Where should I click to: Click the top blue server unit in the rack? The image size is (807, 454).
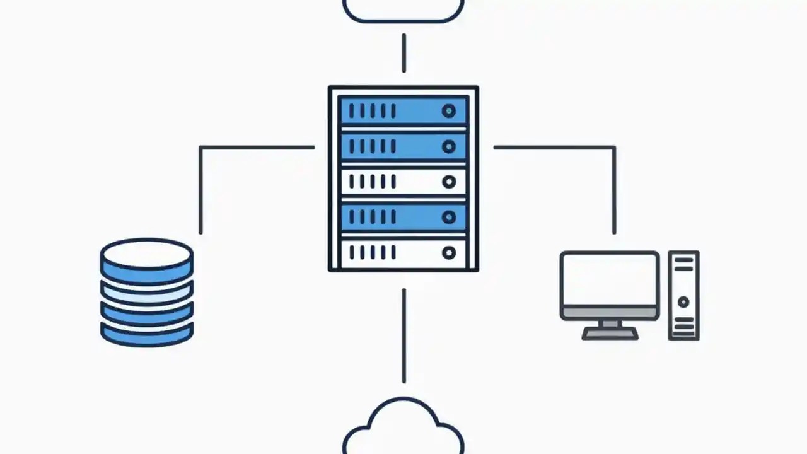click(x=403, y=111)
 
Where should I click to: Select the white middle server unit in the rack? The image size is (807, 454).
click(x=403, y=182)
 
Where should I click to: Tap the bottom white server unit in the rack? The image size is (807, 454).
click(x=403, y=253)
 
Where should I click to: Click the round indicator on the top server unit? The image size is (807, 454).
click(x=448, y=112)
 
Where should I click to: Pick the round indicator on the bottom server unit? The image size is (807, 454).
click(x=448, y=253)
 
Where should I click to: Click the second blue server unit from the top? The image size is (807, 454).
click(x=403, y=146)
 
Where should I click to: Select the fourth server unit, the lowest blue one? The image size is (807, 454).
click(x=403, y=218)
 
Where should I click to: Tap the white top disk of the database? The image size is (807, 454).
click(x=147, y=253)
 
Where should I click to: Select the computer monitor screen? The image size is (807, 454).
click(x=610, y=279)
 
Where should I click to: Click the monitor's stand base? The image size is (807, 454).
click(x=610, y=334)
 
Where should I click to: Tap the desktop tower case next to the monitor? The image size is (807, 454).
click(x=683, y=295)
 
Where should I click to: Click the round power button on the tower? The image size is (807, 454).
click(x=683, y=302)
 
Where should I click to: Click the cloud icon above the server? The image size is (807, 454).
click(x=403, y=9)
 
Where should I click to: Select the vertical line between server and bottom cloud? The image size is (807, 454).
click(x=403, y=335)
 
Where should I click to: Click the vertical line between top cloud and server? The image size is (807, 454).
click(x=403, y=53)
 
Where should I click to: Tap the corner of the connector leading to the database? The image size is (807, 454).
click(x=200, y=148)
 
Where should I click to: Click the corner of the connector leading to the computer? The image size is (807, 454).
click(x=614, y=148)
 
